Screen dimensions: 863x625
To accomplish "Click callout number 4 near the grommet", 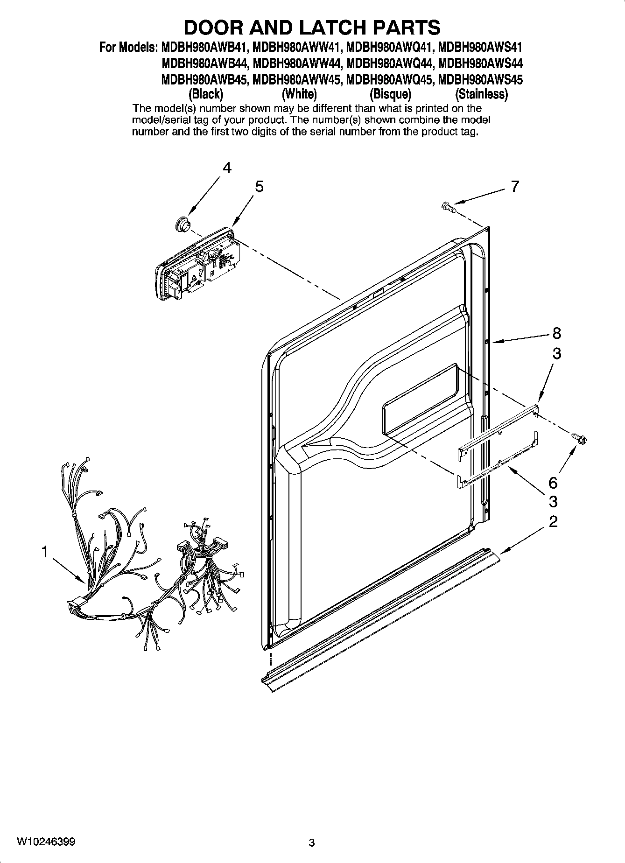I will click(x=226, y=168).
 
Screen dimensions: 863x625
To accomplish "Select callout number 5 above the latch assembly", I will click(x=259, y=187).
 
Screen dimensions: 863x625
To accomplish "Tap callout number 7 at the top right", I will click(x=514, y=187).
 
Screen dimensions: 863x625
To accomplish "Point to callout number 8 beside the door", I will click(x=556, y=333).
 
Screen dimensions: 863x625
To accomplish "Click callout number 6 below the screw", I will click(x=553, y=482).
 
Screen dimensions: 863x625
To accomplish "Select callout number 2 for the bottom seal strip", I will click(x=553, y=521).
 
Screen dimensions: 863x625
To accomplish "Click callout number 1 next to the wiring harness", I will click(x=44, y=552).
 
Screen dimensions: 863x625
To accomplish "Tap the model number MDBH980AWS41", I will click(x=480, y=47).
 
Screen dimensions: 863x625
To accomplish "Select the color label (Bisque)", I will click(x=390, y=94).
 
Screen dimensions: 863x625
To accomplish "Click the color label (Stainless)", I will click(x=481, y=94).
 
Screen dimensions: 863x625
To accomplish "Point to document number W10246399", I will click(x=46, y=842).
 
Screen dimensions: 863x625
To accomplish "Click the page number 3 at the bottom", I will click(x=312, y=842).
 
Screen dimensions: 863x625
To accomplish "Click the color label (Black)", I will click(x=205, y=94).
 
